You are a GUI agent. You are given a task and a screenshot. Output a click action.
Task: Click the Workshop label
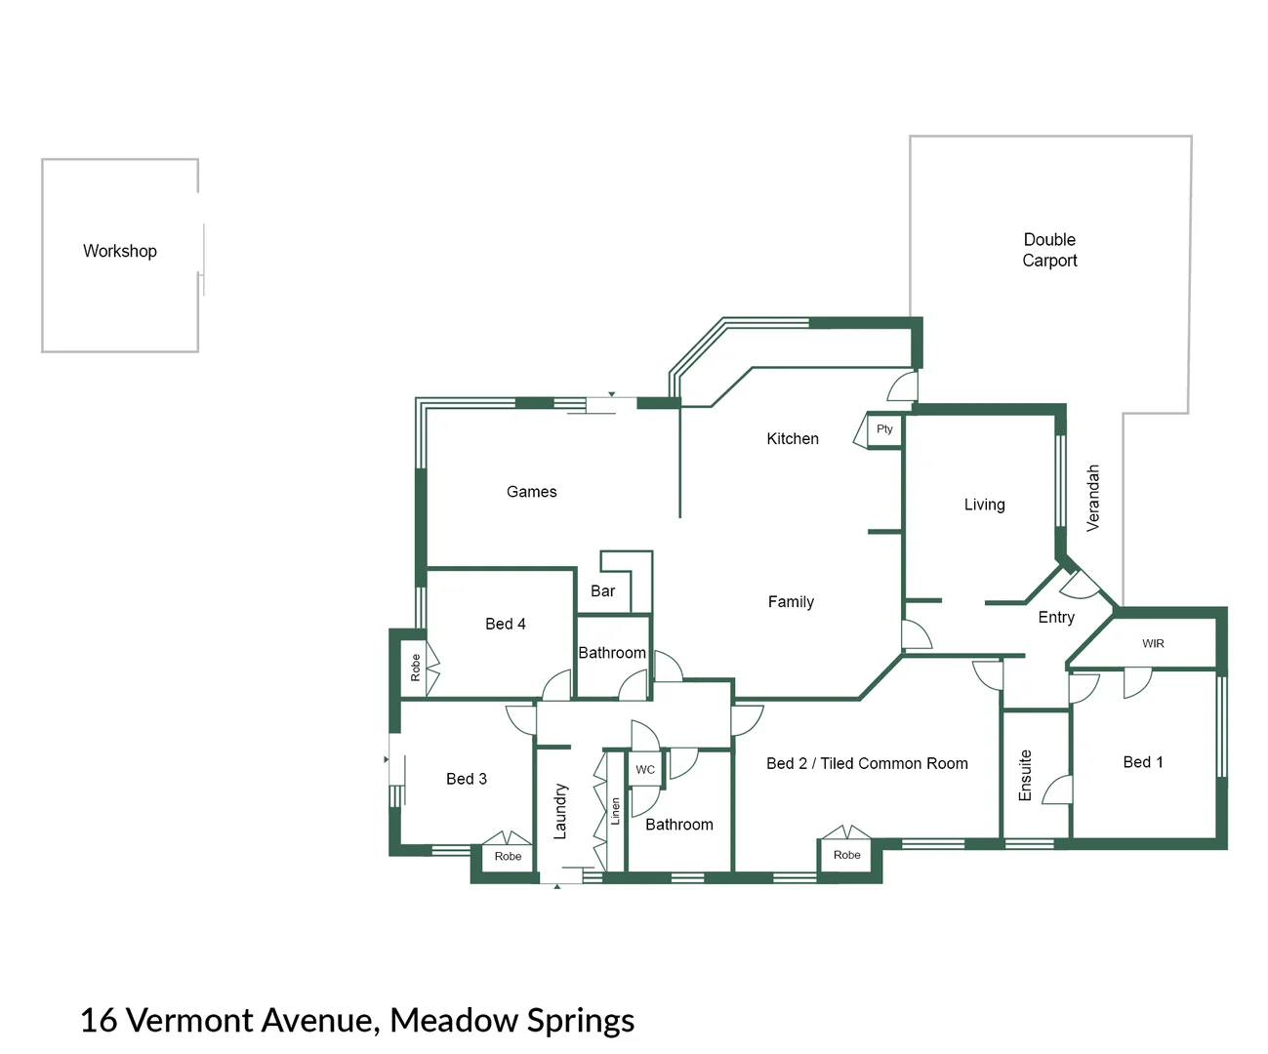pyautogui.click(x=120, y=251)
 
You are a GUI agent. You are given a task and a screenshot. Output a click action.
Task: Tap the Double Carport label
pyautogui.click(x=1049, y=250)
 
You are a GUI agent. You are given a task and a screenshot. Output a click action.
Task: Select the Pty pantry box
pyautogui.click(x=884, y=431)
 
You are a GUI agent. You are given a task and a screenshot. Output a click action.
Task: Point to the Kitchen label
pyautogui.click(x=793, y=438)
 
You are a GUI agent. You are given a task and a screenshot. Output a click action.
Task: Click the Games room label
pyautogui.click(x=531, y=491)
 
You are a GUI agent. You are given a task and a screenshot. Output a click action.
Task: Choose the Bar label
pyautogui.click(x=602, y=590)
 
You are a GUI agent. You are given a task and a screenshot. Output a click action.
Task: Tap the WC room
pyautogui.click(x=645, y=769)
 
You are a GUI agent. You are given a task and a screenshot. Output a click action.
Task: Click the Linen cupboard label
pyautogui.click(x=615, y=811)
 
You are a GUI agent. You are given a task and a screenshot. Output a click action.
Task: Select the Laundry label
pyautogui.click(x=560, y=811)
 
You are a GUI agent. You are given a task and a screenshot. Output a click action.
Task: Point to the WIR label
pyautogui.click(x=1153, y=643)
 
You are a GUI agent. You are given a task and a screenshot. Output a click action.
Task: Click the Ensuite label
pyautogui.click(x=1025, y=775)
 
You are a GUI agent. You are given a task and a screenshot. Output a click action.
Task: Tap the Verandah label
pyautogui.click(x=1092, y=498)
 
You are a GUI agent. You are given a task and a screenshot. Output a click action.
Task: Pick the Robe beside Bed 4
pyautogui.click(x=415, y=668)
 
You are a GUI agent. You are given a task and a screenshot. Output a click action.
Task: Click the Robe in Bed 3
pyautogui.click(x=508, y=856)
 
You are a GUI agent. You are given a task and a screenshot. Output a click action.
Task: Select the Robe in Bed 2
pyautogui.click(x=846, y=855)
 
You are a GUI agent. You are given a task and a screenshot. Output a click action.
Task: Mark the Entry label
pyautogui.click(x=1056, y=618)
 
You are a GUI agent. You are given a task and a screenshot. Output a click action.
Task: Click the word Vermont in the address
pyautogui.click(x=190, y=1020)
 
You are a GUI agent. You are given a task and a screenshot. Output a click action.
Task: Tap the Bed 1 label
pyautogui.click(x=1143, y=762)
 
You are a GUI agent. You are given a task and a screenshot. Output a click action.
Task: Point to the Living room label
pyautogui.click(x=984, y=505)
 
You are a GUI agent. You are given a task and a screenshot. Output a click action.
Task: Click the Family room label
pyautogui.click(x=791, y=602)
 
